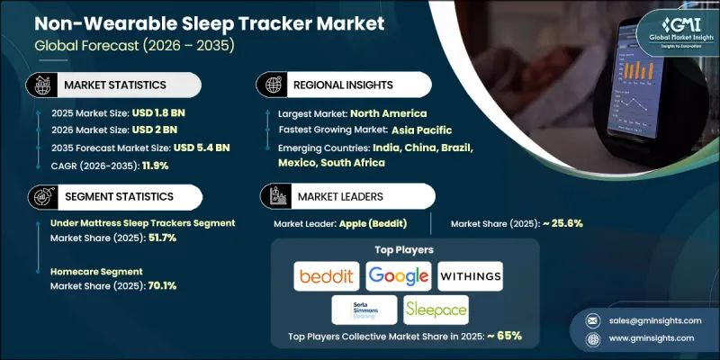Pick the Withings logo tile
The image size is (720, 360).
point(470,274)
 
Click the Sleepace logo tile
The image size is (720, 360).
point(435,309)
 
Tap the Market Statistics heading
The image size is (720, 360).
point(114,84)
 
